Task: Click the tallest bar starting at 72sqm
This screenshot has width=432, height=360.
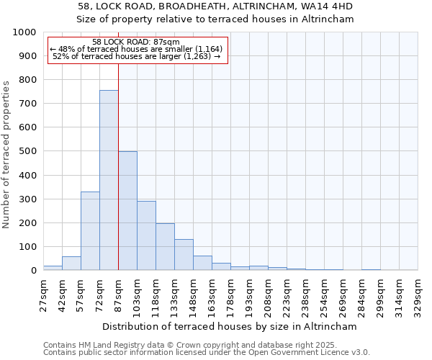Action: [x=109, y=180]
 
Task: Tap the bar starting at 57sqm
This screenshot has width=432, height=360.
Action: [x=90, y=230]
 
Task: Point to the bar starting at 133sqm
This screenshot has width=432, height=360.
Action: [x=184, y=255]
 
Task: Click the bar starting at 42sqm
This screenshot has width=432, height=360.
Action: [x=71, y=264]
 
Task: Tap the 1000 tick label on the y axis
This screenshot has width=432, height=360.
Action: [x=24, y=32]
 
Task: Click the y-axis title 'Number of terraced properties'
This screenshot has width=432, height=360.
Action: [x=6, y=154]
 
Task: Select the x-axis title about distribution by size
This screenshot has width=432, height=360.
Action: [x=230, y=326]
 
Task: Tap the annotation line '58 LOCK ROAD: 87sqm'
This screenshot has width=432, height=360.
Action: [x=136, y=42]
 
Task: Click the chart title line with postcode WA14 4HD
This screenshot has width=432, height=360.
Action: [x=215, y=6]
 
